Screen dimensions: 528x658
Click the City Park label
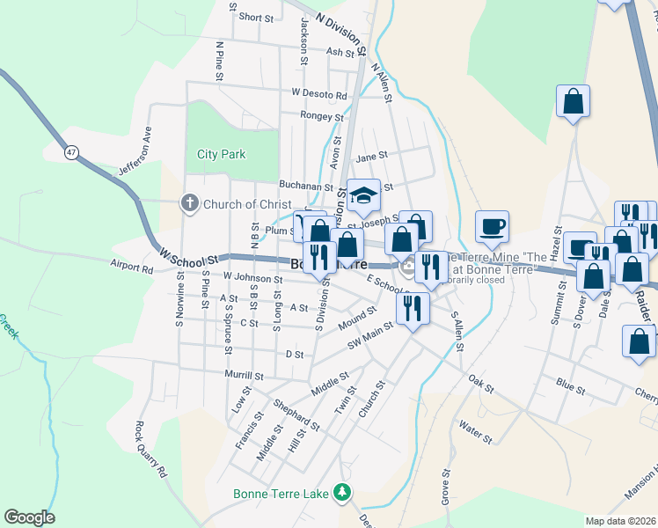coord(221,154)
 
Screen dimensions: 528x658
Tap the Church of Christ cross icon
coord(189,204)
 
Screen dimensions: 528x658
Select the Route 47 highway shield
coord(70,152)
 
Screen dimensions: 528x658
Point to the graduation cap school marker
coord(362,195)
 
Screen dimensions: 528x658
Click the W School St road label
coord(188,256)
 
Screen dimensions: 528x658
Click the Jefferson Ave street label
coord(135,155)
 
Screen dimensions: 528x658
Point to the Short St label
coord(257,17)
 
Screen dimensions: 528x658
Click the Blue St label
coord(571,384)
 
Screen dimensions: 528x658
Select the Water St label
coord(475,431)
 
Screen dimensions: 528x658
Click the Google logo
coord(29,517)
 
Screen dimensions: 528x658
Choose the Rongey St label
coord(321,115)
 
